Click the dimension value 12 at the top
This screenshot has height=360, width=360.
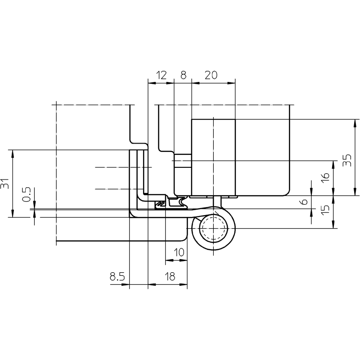161,75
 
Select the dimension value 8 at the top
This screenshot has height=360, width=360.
183,75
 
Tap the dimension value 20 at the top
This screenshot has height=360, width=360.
211,75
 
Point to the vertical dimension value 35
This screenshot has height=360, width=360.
347,160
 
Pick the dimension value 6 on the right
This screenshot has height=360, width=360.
304,202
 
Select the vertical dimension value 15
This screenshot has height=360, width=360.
325,210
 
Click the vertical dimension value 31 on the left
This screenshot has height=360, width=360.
5,184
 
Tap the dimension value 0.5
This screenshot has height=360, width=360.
27,194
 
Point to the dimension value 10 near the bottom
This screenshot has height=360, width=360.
179,252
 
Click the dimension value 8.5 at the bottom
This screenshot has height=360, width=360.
117,276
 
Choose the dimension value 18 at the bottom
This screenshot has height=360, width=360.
170,276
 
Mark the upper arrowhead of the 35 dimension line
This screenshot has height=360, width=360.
355,123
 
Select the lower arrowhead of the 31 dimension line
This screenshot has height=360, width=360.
13,214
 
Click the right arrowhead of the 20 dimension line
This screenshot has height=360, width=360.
232,83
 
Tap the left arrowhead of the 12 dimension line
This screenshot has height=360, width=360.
152,83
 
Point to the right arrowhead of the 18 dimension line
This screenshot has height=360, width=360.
184,284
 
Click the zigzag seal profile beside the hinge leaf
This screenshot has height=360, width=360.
160,204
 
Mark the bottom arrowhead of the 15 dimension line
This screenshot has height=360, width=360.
333,225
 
